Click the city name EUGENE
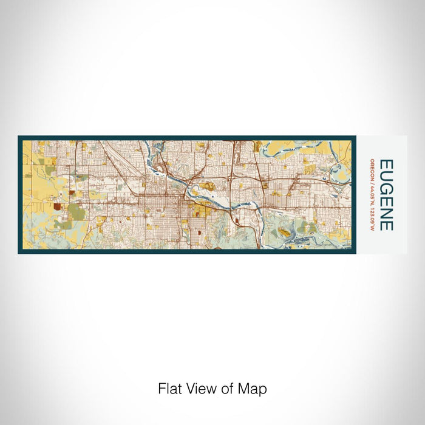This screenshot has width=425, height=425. [x=386, y=194]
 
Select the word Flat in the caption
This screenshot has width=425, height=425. [x=168, y=389]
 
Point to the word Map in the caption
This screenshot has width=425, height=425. [x=254, y=389]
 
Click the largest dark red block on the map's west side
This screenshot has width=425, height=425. [x=57, y=206]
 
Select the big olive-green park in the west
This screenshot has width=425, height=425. [x=76, y=212]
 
